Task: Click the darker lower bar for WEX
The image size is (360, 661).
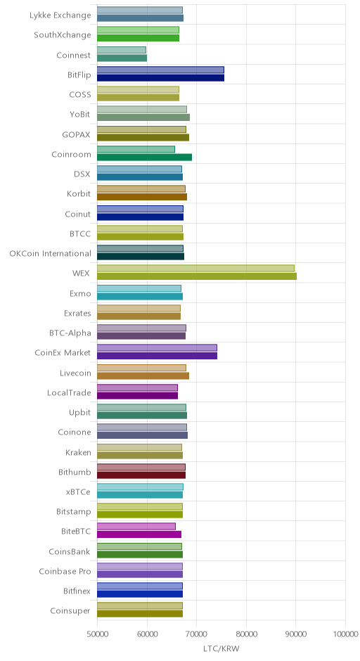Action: click(197, 276)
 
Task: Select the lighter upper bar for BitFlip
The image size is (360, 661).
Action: click(160, 70)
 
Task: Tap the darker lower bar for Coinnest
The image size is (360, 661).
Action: click(122, 58)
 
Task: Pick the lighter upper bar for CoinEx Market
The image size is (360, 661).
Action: click(157, 348)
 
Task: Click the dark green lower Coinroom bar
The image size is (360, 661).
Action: click(145, 158)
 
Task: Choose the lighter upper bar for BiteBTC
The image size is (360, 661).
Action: click(136, 527)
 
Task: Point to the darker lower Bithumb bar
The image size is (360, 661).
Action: click(141, 475)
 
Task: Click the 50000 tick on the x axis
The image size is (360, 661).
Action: click(97, 634)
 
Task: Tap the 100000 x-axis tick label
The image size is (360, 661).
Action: click(345, 634)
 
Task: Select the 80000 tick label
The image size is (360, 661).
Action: click(246, 634)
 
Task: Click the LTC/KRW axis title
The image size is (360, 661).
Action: click(221, 649)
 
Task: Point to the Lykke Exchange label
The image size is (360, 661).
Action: click(60, 15)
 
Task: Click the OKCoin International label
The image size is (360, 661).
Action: click(50, 254)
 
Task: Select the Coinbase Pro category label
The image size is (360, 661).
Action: click(65, 572)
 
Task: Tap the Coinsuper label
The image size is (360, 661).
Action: click(70, 611)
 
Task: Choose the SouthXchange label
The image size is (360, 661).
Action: click(63, 35)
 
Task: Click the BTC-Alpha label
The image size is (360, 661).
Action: click(70, 333)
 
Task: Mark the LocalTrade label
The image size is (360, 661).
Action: click(69, 393)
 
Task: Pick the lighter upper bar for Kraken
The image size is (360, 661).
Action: click(139, 447)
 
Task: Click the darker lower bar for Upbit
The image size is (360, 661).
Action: click(142, 415)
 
